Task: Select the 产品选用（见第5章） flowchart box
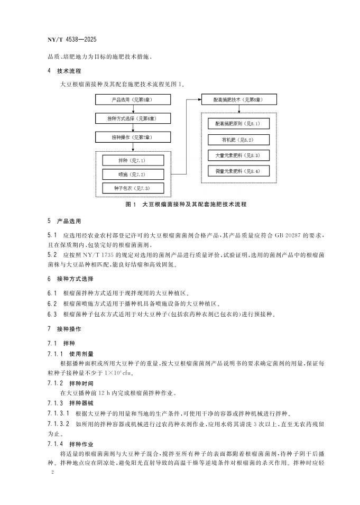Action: coord(133,99)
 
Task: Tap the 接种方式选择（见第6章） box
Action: coord(133,118)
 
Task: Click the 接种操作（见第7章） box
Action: coord(133,137)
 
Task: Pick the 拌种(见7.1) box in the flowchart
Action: coord(133,160)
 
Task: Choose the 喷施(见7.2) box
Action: coord(133,174)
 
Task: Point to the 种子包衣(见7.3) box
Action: coord(133,188)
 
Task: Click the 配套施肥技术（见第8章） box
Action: coord(239,99)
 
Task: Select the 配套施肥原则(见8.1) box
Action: coord(239,124)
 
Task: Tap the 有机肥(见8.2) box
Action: coord(239,140)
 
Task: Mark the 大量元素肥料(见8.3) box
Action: coord(239,155)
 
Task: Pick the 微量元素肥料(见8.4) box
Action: coord(239,171)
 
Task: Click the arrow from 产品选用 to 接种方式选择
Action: coord(133,108)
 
